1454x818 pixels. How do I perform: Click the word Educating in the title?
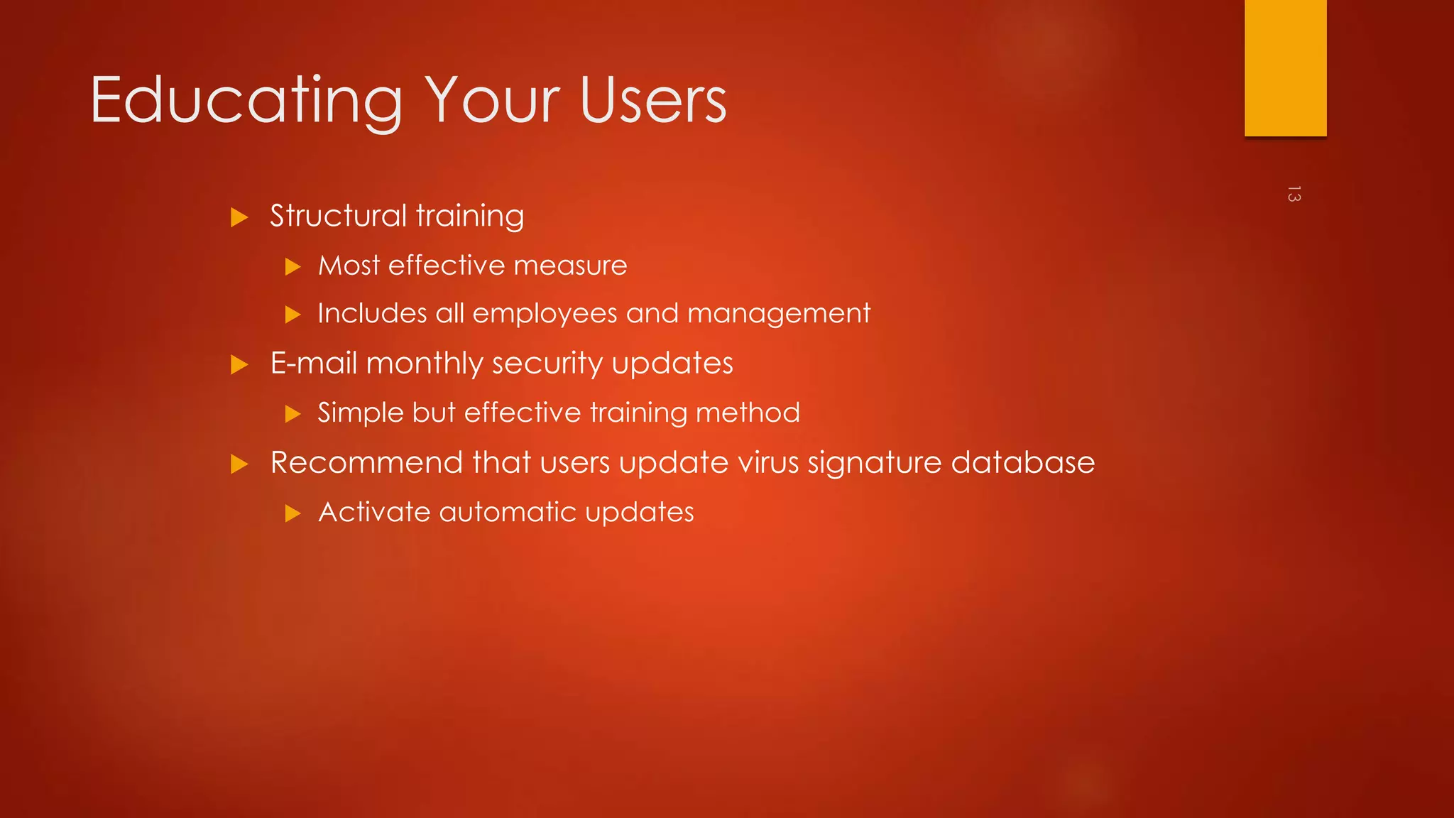point(246,102)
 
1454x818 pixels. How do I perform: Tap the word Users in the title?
point(652,102)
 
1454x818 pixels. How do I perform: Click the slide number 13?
point(1294,194)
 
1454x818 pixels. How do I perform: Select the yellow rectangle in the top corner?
point(1285,67)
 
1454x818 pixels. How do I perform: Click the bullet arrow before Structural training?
point(239,217)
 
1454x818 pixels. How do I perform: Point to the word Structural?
point(338,216)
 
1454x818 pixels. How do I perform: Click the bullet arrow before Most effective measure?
point(293,267)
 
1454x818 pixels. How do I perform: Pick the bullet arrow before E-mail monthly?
point(239,365)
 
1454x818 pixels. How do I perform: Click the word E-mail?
point(313,364)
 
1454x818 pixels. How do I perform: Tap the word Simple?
point(360,413)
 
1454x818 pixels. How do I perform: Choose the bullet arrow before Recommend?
point(239,464)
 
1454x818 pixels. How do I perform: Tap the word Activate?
point(373,512)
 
